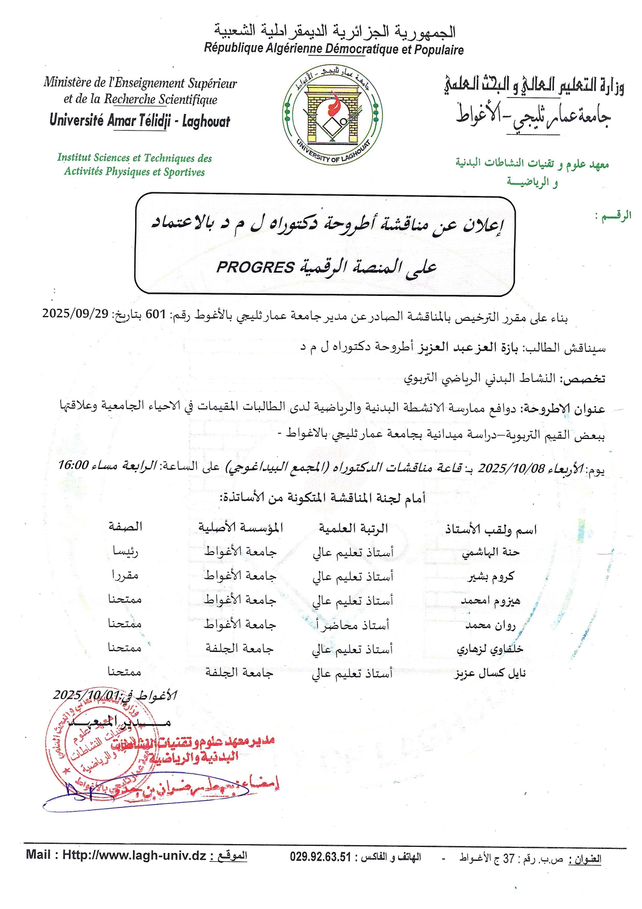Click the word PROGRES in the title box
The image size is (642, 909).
point(255,267)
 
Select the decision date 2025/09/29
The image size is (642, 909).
point(75,314)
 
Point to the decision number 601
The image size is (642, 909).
point(155,315)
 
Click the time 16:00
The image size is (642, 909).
point(73,465)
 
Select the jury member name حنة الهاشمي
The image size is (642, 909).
point(490,552)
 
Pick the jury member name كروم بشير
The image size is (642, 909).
point(491,576)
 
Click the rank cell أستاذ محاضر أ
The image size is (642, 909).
point(352,625)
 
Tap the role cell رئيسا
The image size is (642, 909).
point(125,551)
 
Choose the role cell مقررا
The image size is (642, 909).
point(125,575)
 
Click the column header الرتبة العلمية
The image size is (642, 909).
point(353,529)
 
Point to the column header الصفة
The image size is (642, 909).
point(125,527)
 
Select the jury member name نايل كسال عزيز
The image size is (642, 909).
point(490,673)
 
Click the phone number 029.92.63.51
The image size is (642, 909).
point(320,857)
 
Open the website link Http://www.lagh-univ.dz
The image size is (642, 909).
point(134,856)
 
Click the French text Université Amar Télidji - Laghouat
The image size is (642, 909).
point(140,121)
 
